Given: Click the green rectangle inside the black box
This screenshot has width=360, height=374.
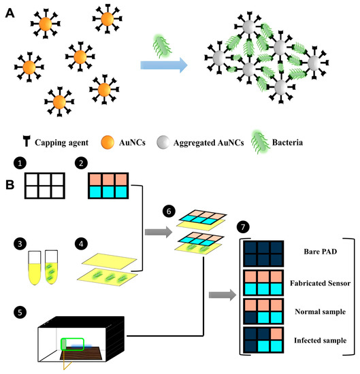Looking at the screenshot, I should tap(73, 343).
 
